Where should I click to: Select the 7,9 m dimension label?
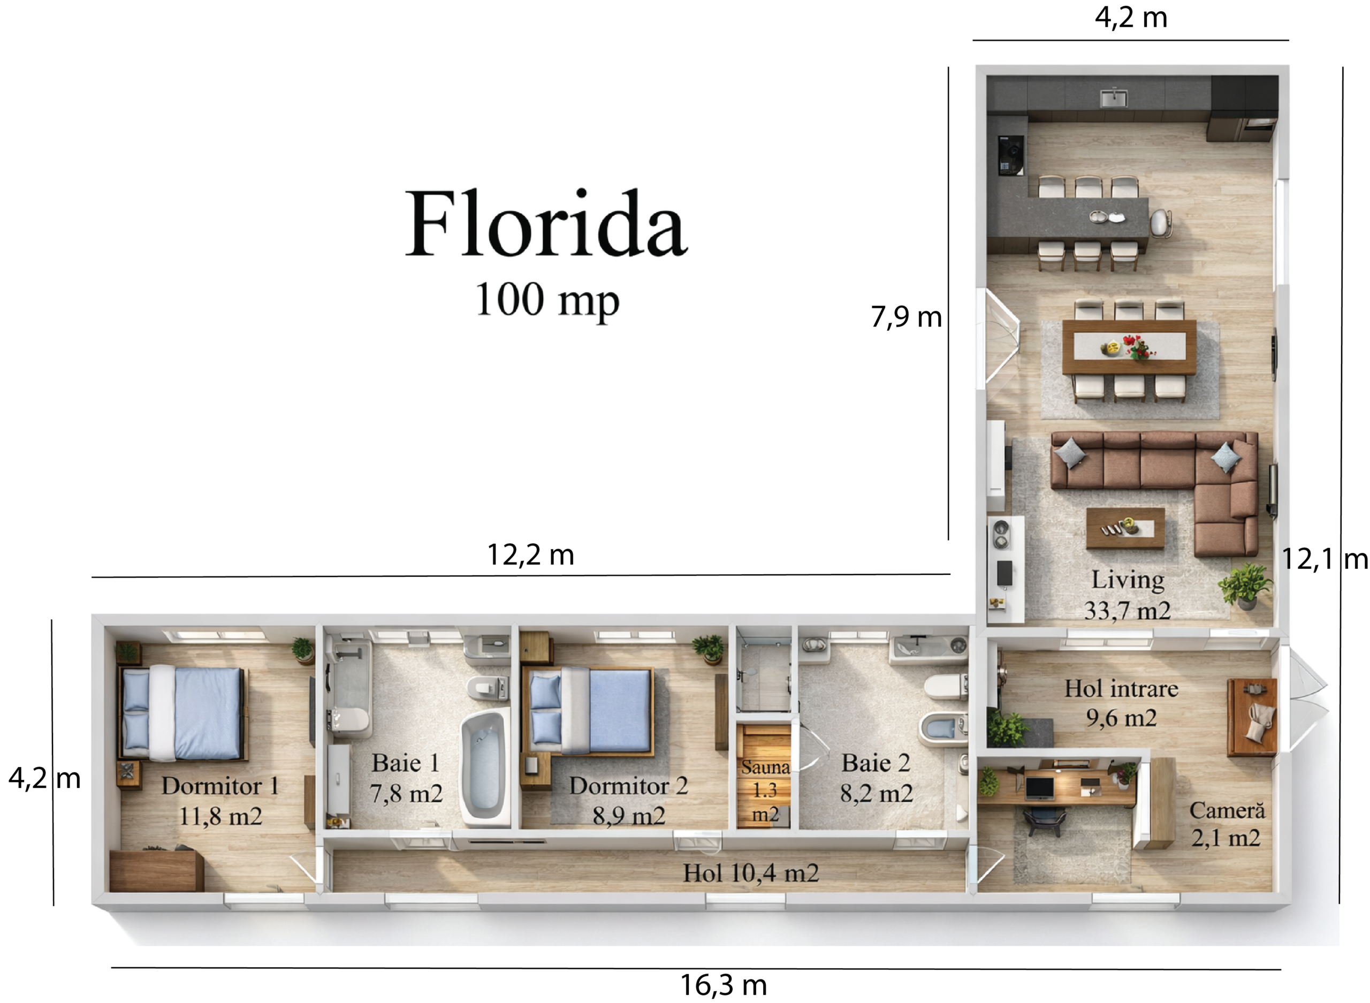coord(906,316)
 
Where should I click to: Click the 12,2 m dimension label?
coord(530,554)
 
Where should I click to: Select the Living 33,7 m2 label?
coord(1127,595)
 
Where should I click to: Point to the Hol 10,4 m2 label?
coord(751,873)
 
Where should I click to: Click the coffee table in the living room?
coord(1125,528)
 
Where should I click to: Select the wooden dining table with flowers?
coord(1129,347)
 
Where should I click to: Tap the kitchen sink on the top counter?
coord(1114,97)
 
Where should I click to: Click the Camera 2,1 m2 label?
coord(1227,824)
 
